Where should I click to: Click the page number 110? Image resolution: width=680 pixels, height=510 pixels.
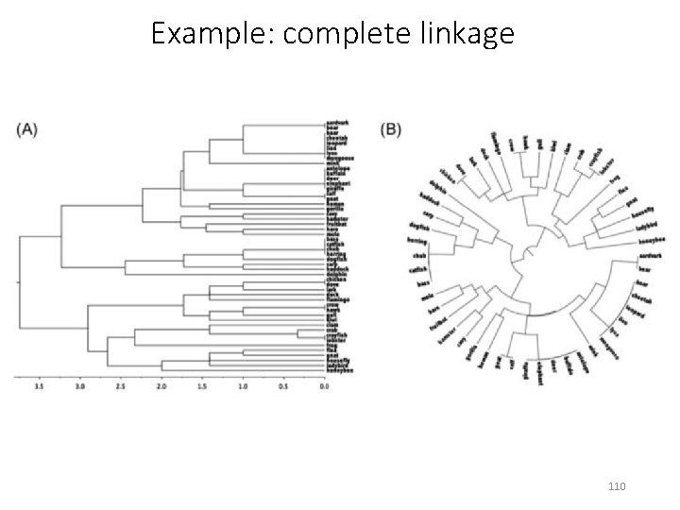(618, 486)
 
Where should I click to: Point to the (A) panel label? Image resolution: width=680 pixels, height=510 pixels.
(27, 130)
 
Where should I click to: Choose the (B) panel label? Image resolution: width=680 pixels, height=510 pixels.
(389, 129)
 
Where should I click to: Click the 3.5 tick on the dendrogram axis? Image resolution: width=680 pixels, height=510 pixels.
(38, 386)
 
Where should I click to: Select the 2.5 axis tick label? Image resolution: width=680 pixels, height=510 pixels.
(120, 386)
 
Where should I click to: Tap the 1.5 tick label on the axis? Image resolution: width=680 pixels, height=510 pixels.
(201, 386)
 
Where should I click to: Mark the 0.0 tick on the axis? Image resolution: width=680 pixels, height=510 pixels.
(324, 386)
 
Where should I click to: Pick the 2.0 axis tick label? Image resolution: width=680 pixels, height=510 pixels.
(161, 386)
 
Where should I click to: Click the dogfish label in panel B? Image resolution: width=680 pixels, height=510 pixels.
(419, 228)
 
